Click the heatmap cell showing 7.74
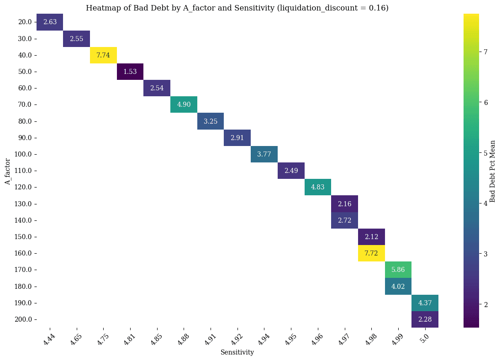click(103, 55)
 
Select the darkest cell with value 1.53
click(130, 72)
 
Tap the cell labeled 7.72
click(371, 253)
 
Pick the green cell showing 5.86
click(398, 270)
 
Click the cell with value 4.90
click(184, 104)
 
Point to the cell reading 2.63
click(50, 22)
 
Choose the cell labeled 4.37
click(425, 303)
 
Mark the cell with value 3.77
click(264, 154)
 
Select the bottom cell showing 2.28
click(425, 319)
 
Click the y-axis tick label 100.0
click(23, 154)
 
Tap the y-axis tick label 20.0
click(25, 22)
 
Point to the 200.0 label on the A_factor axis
click(23, 319)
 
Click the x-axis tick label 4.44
click(48, 337)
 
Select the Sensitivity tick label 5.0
click(424, 336)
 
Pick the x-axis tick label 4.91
click(210, 337)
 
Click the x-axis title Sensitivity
click(237, 352)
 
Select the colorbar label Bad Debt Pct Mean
click(492, 171)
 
